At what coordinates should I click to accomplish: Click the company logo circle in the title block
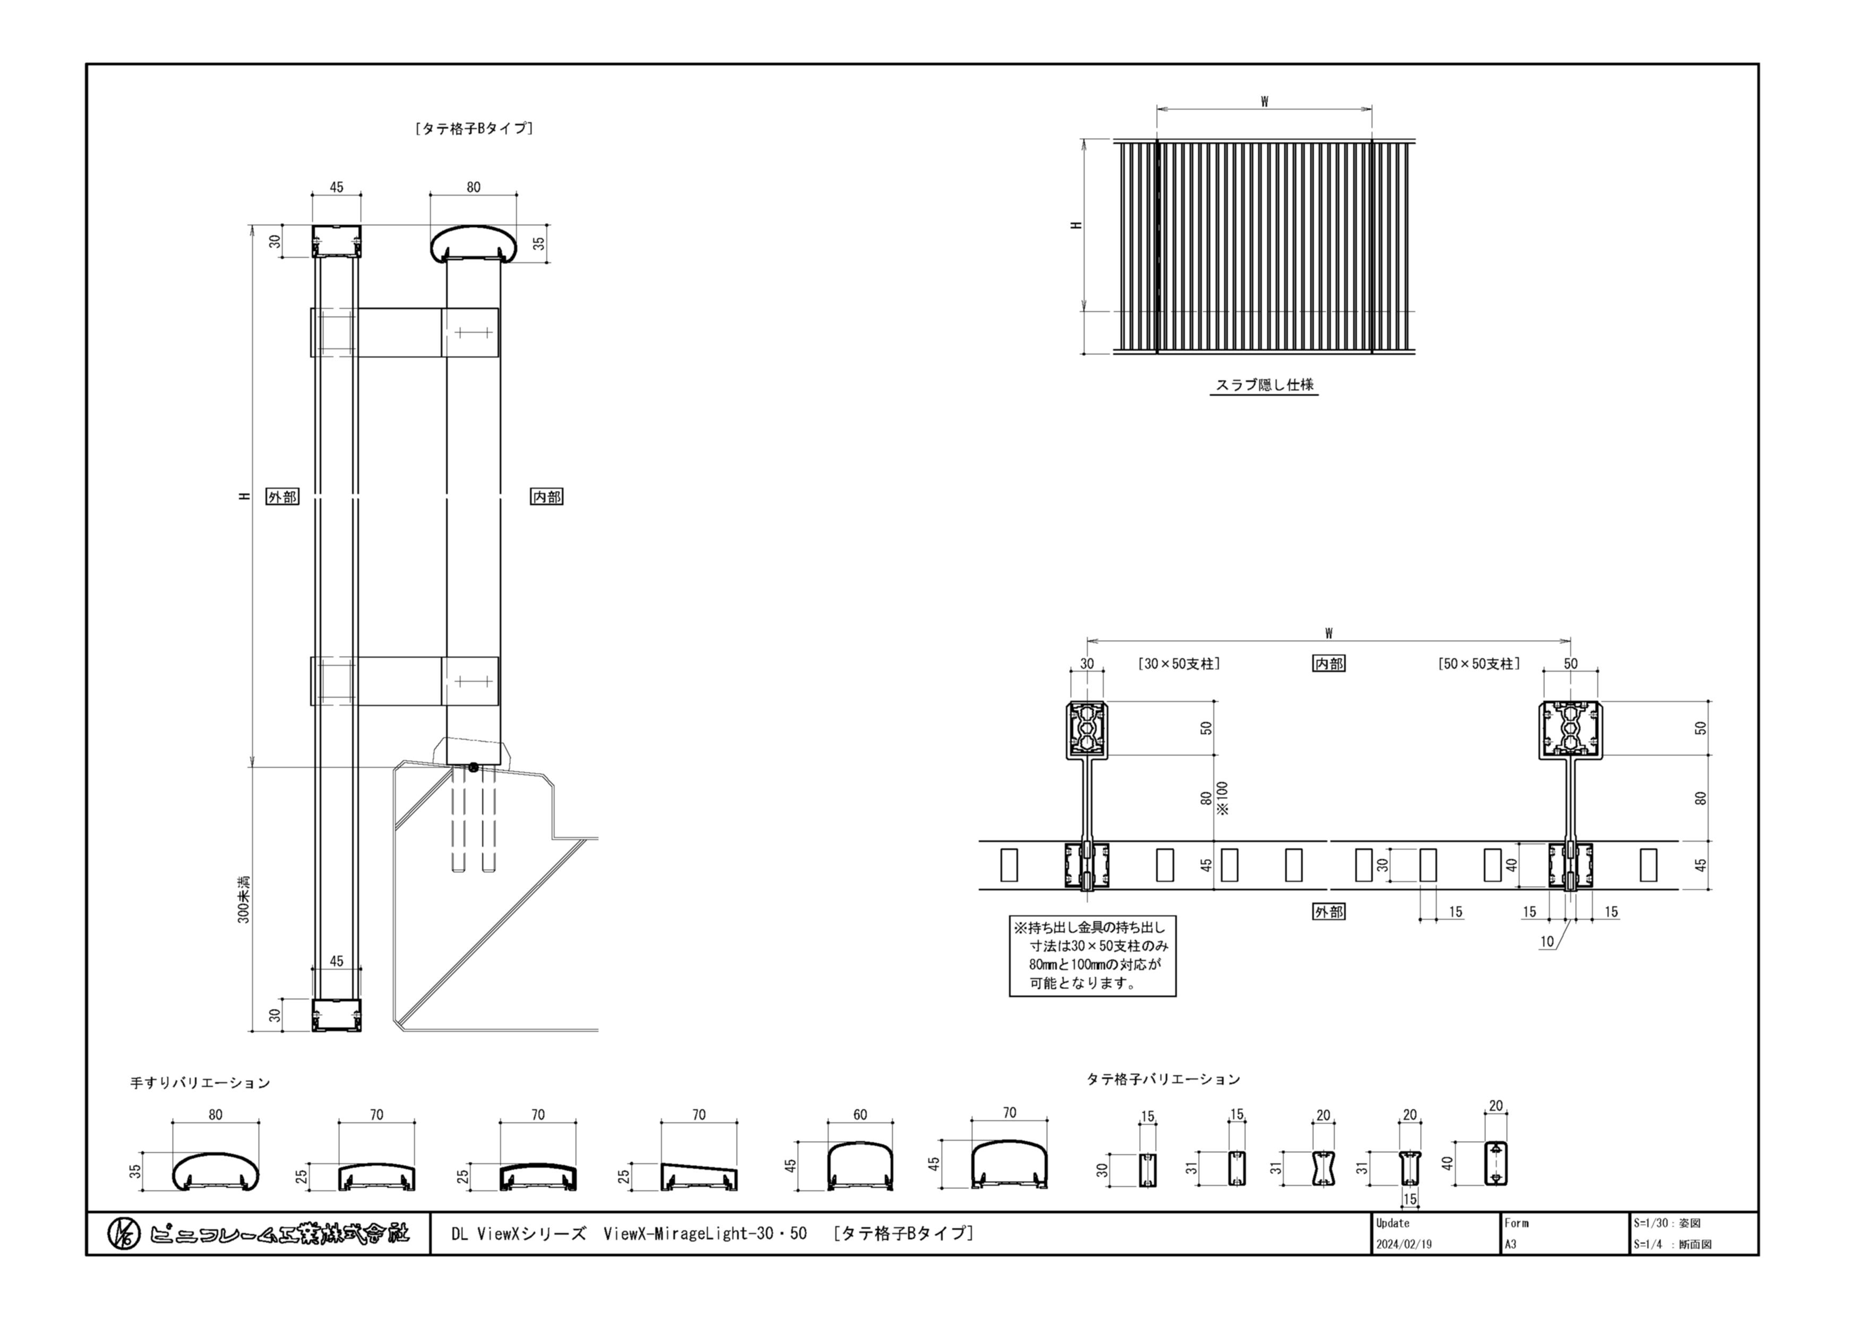[x=123, y=1235]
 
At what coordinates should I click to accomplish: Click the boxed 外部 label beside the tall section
[x=283, y=497]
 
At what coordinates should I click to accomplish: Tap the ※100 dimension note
[x=1223, y=798]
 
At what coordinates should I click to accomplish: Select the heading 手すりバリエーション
[x=200, y=1083]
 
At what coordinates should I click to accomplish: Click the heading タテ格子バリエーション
[x=1164, y=1079]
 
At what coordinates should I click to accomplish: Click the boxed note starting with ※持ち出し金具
[x=1092, y=956]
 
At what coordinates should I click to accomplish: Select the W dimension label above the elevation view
[x=1264, y=101]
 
